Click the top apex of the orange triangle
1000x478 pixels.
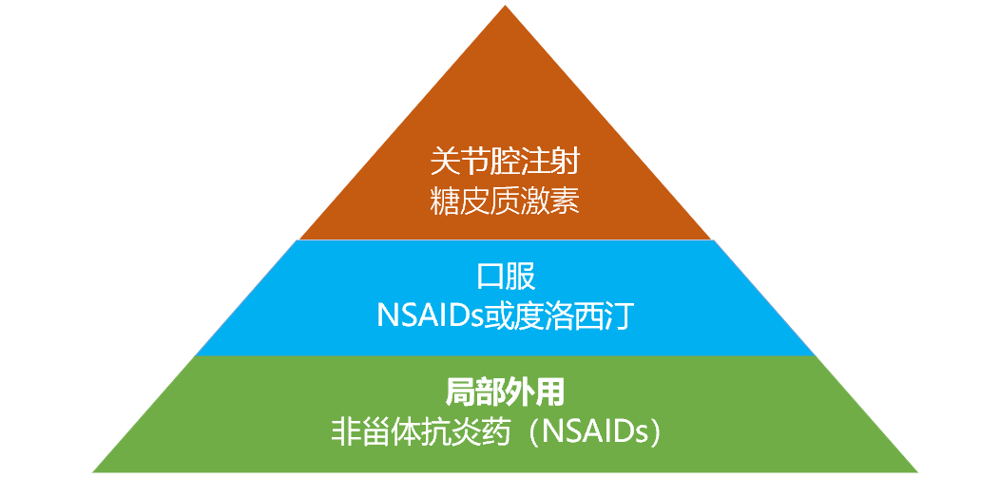click(505, 9)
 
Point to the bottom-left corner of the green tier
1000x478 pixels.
click(94, 469)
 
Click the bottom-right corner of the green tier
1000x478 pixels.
click(916, 469)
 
